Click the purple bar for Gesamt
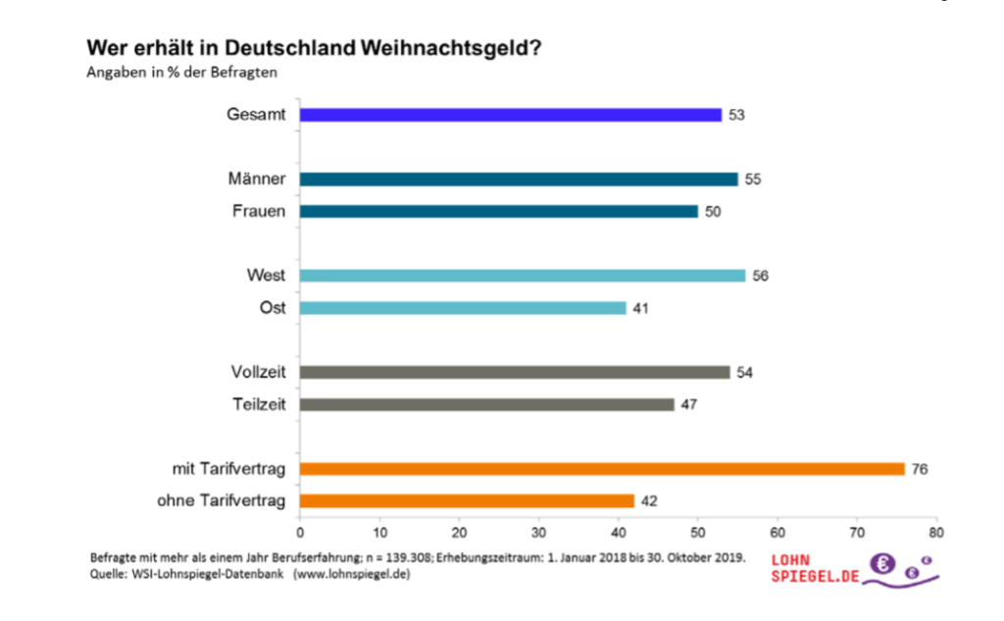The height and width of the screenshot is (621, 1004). pyautogui.click(x=510, y=115)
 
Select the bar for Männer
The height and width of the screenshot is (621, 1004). pyautogui.click(x=519, y=180)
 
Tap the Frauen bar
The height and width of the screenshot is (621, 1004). pyautogui.click(x=498, y=211)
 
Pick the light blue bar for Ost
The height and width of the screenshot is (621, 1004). pyautogui.click(x=463, y=308)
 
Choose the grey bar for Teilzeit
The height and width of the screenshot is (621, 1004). pyautogui.click(x=486, y=404)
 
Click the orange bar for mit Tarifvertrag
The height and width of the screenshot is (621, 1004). pyautogui.click(x=602, y=469)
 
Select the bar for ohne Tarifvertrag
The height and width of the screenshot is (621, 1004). pyautogui.click(x=467, y=500)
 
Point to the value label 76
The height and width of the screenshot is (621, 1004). pyautogui.click(x=919, y=469)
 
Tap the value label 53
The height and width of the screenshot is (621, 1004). pyautogui.click(x=736, y=115)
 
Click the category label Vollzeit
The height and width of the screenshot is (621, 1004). pyautogui.click(x=259, y=372)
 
